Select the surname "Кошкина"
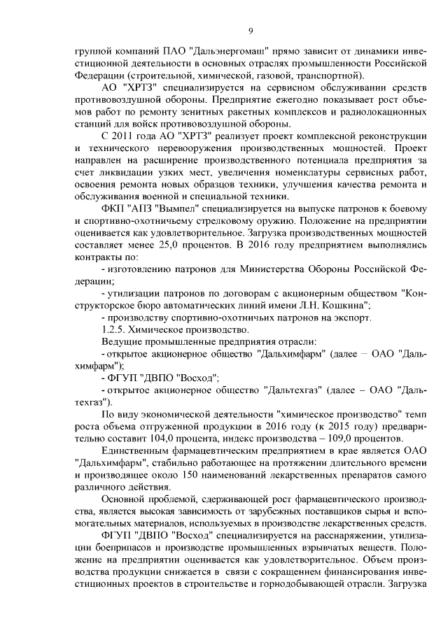tap(343, 305)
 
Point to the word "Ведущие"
tap(120, 342)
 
